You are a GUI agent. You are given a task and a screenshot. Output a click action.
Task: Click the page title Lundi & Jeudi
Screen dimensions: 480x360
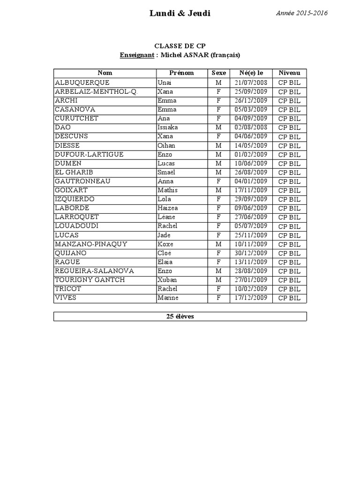[180, 14]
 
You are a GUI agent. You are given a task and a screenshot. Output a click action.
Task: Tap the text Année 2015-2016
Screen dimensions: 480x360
[302, 13]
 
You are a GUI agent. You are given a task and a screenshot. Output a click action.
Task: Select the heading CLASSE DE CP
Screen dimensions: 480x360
[180, 46]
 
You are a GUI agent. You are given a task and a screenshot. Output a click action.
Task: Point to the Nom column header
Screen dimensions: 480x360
[105, 73]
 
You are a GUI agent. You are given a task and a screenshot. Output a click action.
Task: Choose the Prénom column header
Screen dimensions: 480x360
[181, 73]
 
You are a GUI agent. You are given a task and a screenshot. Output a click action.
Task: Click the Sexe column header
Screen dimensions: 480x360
[218, 73]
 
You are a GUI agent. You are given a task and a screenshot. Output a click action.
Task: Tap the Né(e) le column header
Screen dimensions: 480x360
[251, 73]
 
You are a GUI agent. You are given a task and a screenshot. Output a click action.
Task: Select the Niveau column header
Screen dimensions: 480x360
[289, 73]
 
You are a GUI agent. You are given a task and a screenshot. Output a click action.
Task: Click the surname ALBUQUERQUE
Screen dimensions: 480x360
[82, 82]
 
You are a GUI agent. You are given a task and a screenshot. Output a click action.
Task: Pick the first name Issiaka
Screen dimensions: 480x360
[168, 127]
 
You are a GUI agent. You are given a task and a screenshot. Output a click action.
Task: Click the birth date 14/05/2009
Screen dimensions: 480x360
[251, 145]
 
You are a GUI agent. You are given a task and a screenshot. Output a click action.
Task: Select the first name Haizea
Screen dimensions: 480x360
[168, 208]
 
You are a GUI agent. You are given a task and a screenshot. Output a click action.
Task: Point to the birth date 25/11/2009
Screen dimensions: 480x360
[251, 235]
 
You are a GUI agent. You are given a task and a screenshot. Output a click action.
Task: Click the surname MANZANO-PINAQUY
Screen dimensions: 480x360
[91, 244]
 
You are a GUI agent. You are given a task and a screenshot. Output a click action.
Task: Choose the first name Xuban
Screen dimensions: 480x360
[167, 280]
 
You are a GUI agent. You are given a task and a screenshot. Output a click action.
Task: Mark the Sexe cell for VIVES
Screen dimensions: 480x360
[218, 298]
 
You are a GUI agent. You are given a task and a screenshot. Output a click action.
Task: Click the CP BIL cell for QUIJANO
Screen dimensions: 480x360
[289, 254]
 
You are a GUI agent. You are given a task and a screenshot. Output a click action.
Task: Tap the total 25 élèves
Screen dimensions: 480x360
[180, 316]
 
